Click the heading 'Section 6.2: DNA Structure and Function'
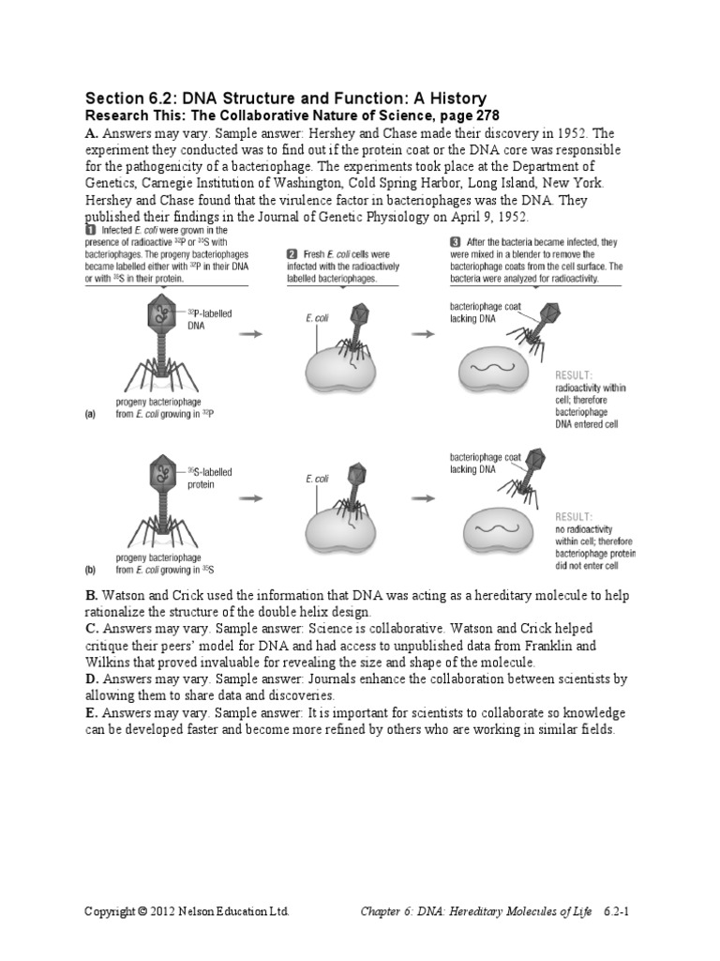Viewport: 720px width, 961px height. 285,99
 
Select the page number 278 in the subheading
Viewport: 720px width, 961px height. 469,115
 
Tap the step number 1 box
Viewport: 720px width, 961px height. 90,229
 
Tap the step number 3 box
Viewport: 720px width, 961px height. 456,241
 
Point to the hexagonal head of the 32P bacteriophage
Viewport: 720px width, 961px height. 162,316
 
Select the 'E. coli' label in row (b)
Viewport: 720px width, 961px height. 317,479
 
